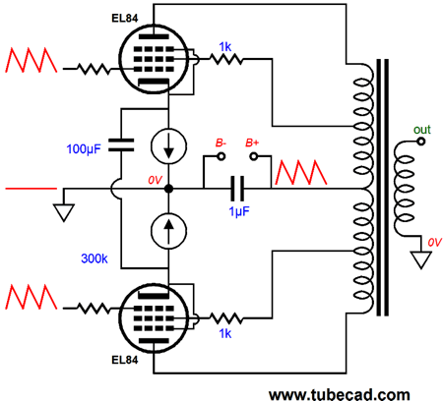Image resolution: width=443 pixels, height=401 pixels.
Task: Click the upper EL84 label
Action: click(125, 18)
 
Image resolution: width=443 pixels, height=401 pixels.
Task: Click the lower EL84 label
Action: click(125, 360)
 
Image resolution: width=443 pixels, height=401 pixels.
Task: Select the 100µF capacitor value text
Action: click(84, 149)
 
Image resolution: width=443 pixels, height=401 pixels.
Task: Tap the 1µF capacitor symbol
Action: click(237, 189)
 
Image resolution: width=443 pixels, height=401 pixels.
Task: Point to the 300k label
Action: click(95, 258)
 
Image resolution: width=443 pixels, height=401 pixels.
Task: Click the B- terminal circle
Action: click(221, 156)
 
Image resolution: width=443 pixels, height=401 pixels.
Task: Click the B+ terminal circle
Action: click(254, 156)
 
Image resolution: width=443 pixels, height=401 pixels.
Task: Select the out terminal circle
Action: click(421, 142)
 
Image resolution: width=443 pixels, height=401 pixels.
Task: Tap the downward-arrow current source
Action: click(168, 146)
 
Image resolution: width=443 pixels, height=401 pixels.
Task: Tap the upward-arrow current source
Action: click(168, 231)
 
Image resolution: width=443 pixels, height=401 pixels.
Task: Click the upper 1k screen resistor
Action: click(226, 59)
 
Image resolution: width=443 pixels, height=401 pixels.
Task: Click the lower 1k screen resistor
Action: click(226, 317)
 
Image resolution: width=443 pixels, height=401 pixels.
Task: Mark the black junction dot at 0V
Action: click(168, 189)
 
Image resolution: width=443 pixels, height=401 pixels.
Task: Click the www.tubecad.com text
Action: click(340, 394)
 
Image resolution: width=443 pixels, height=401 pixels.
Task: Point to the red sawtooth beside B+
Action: click(301, 172)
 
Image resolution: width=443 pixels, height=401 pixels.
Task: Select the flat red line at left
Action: click(32, 189)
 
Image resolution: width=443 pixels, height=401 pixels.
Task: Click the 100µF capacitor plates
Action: click(121, 145)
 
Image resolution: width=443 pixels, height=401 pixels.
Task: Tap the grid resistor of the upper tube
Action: click(94, 69)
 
